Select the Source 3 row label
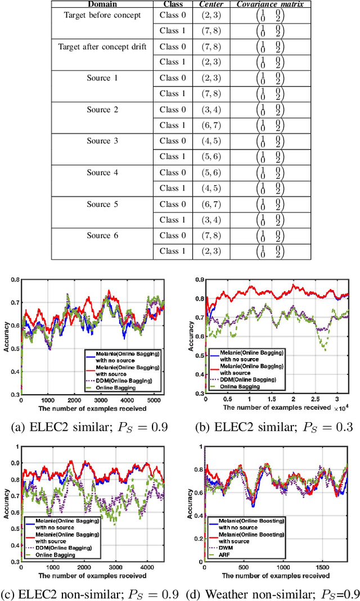[102, 141]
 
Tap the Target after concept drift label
[102, 46]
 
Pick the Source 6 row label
[102, 235]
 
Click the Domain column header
[102, 4]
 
